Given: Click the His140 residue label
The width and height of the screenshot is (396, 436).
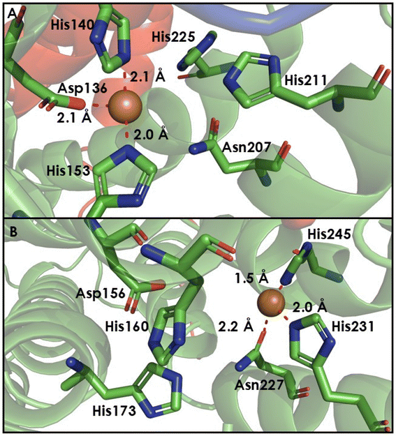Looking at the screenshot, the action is (73, 26).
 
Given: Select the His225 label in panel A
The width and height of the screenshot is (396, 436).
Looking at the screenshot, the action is (173, 37).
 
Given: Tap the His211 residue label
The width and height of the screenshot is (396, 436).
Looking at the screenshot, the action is (306, 80).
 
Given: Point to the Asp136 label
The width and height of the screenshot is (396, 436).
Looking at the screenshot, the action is (82, 89).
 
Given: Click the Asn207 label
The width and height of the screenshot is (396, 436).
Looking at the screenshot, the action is (247, 147).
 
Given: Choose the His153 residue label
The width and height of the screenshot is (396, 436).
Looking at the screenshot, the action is (68, 170).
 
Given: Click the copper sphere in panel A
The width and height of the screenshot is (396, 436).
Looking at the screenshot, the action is (125, 106).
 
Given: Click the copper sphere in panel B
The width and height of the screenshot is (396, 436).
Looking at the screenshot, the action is (271, 303).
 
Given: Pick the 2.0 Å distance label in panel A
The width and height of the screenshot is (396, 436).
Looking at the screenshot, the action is (151, 135).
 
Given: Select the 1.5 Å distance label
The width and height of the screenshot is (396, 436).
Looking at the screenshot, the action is (251, 278).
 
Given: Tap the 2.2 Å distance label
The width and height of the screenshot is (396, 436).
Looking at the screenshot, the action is (235, 326).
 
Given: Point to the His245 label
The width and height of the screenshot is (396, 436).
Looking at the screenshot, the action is (329, 234).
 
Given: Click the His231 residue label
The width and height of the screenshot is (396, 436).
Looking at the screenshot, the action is (353, 326).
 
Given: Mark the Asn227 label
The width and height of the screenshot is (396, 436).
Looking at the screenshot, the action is (259, 385).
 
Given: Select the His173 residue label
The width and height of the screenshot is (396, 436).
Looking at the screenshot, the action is (114, 410).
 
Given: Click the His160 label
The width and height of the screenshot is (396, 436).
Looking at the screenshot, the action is (126, 326).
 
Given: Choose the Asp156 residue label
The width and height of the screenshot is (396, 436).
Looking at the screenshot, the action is (101, 294).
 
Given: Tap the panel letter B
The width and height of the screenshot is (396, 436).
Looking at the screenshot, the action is (14, 232).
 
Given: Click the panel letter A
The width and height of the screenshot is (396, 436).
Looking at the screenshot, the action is (12, 13).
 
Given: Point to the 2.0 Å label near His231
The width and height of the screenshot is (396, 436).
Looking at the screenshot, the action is (309, 307).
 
